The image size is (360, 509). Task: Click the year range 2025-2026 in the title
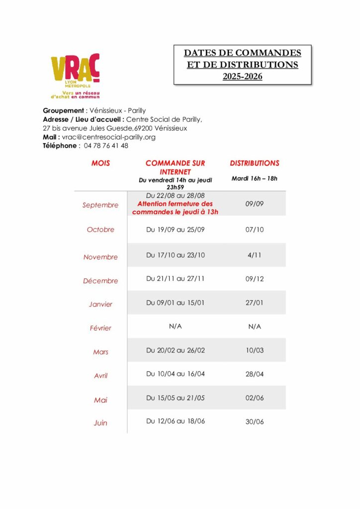click(242, 77)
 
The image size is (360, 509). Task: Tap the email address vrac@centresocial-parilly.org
click(109, 137)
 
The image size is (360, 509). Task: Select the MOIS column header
click(100, 163)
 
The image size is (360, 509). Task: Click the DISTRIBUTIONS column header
click(255, 163)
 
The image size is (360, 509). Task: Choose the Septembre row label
click(100, 205)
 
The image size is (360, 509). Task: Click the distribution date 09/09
click(255, 204)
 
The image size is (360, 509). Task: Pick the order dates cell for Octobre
click(175, 230)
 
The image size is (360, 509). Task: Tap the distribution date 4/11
click(255, 255)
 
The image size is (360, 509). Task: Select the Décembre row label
click(100, 281)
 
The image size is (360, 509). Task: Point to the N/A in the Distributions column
click(255, 327)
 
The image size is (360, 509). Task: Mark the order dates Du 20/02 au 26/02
click(175, 350)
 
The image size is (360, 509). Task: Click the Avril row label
click(100, 376)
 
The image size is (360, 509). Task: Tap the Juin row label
click(100, 423)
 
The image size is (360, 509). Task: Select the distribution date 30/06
click(255, 422)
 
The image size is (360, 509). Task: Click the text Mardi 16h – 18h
click(255, 178)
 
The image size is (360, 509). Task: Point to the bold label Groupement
click(64, 110)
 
